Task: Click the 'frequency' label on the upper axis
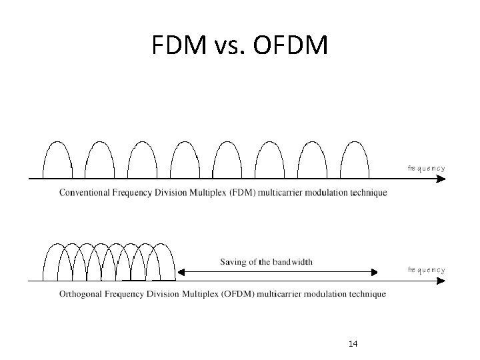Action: (426, 168)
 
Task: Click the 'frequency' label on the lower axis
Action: (426, 270)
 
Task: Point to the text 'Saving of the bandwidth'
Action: (266, 262)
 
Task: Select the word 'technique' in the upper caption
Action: (367, 193)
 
